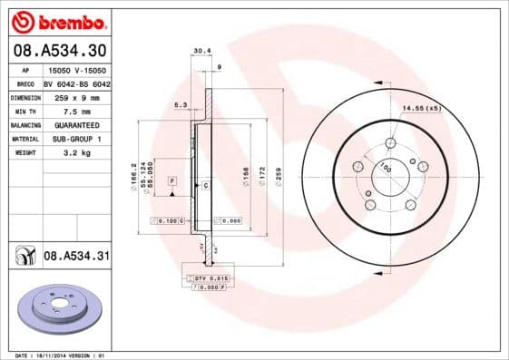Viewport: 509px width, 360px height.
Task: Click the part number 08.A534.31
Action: tap(76, 258)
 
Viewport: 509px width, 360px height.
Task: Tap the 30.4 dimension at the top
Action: tap(201, 51)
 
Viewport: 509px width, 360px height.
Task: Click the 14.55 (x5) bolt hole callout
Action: tap(422, 109)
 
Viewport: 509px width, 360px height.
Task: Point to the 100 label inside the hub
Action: tap(385, 169)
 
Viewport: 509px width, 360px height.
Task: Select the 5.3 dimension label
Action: tap(180, 106)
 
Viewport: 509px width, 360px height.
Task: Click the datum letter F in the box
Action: tap(171, 181)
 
